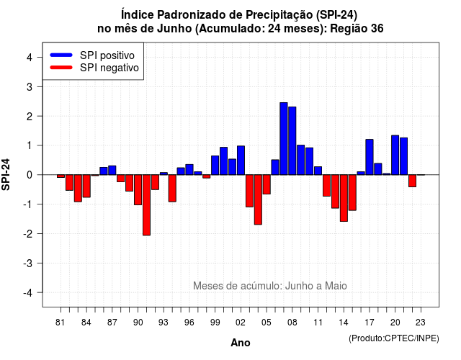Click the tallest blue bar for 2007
[x=283, y=138]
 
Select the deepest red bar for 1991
[x=146, y=205]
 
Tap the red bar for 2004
[x=258, y=199]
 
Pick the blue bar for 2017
[x=370, y=157]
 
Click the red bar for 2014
[x=344, y=198]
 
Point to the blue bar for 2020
[x=395, y=155]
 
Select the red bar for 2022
[x=412, y=181]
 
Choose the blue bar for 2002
[x=241, y=160]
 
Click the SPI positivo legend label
[x=107, y=55]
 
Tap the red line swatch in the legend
[x=61, y=67]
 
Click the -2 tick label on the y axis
[x=28, y=233]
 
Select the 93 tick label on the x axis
[x=164, y=323]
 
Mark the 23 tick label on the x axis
[x=421, y=323]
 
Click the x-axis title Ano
[x=241, y=343]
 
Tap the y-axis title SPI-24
[x=6, y=174]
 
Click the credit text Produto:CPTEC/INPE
[x=394, y=338]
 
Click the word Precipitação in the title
[x=279, y=14]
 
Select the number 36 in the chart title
[x=377, y=29]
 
